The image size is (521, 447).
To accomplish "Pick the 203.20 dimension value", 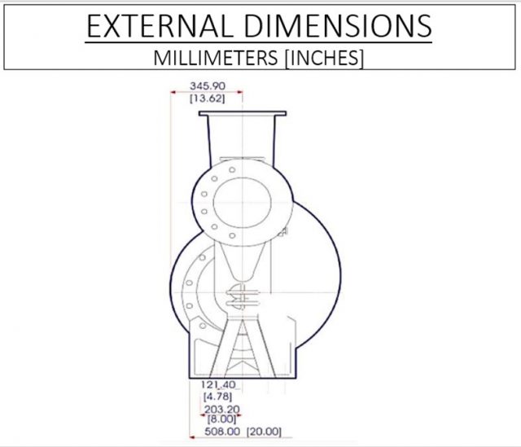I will [217, 410].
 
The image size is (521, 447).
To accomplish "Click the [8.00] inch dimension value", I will [217, 419].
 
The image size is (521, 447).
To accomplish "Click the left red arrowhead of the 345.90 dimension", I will [173, 92].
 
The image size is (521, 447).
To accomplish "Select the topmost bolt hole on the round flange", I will [231, 170].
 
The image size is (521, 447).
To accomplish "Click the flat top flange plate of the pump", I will [242, 115].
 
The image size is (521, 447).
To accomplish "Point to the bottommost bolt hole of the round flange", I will [232, 236].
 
